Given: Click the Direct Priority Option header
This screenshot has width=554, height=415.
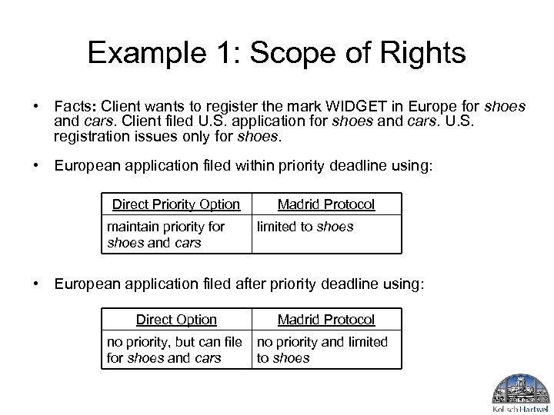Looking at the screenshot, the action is coord(176,204).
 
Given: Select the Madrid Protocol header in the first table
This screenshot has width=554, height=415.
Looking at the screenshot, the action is coord(326,204).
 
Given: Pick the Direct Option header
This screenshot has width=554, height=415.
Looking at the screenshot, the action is coord(176,320).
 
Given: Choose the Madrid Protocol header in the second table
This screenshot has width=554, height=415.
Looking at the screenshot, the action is coord(326,320).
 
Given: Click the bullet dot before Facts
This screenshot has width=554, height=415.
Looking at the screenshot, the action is coord(36,104).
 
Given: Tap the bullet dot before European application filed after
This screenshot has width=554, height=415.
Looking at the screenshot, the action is coord(36,284).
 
